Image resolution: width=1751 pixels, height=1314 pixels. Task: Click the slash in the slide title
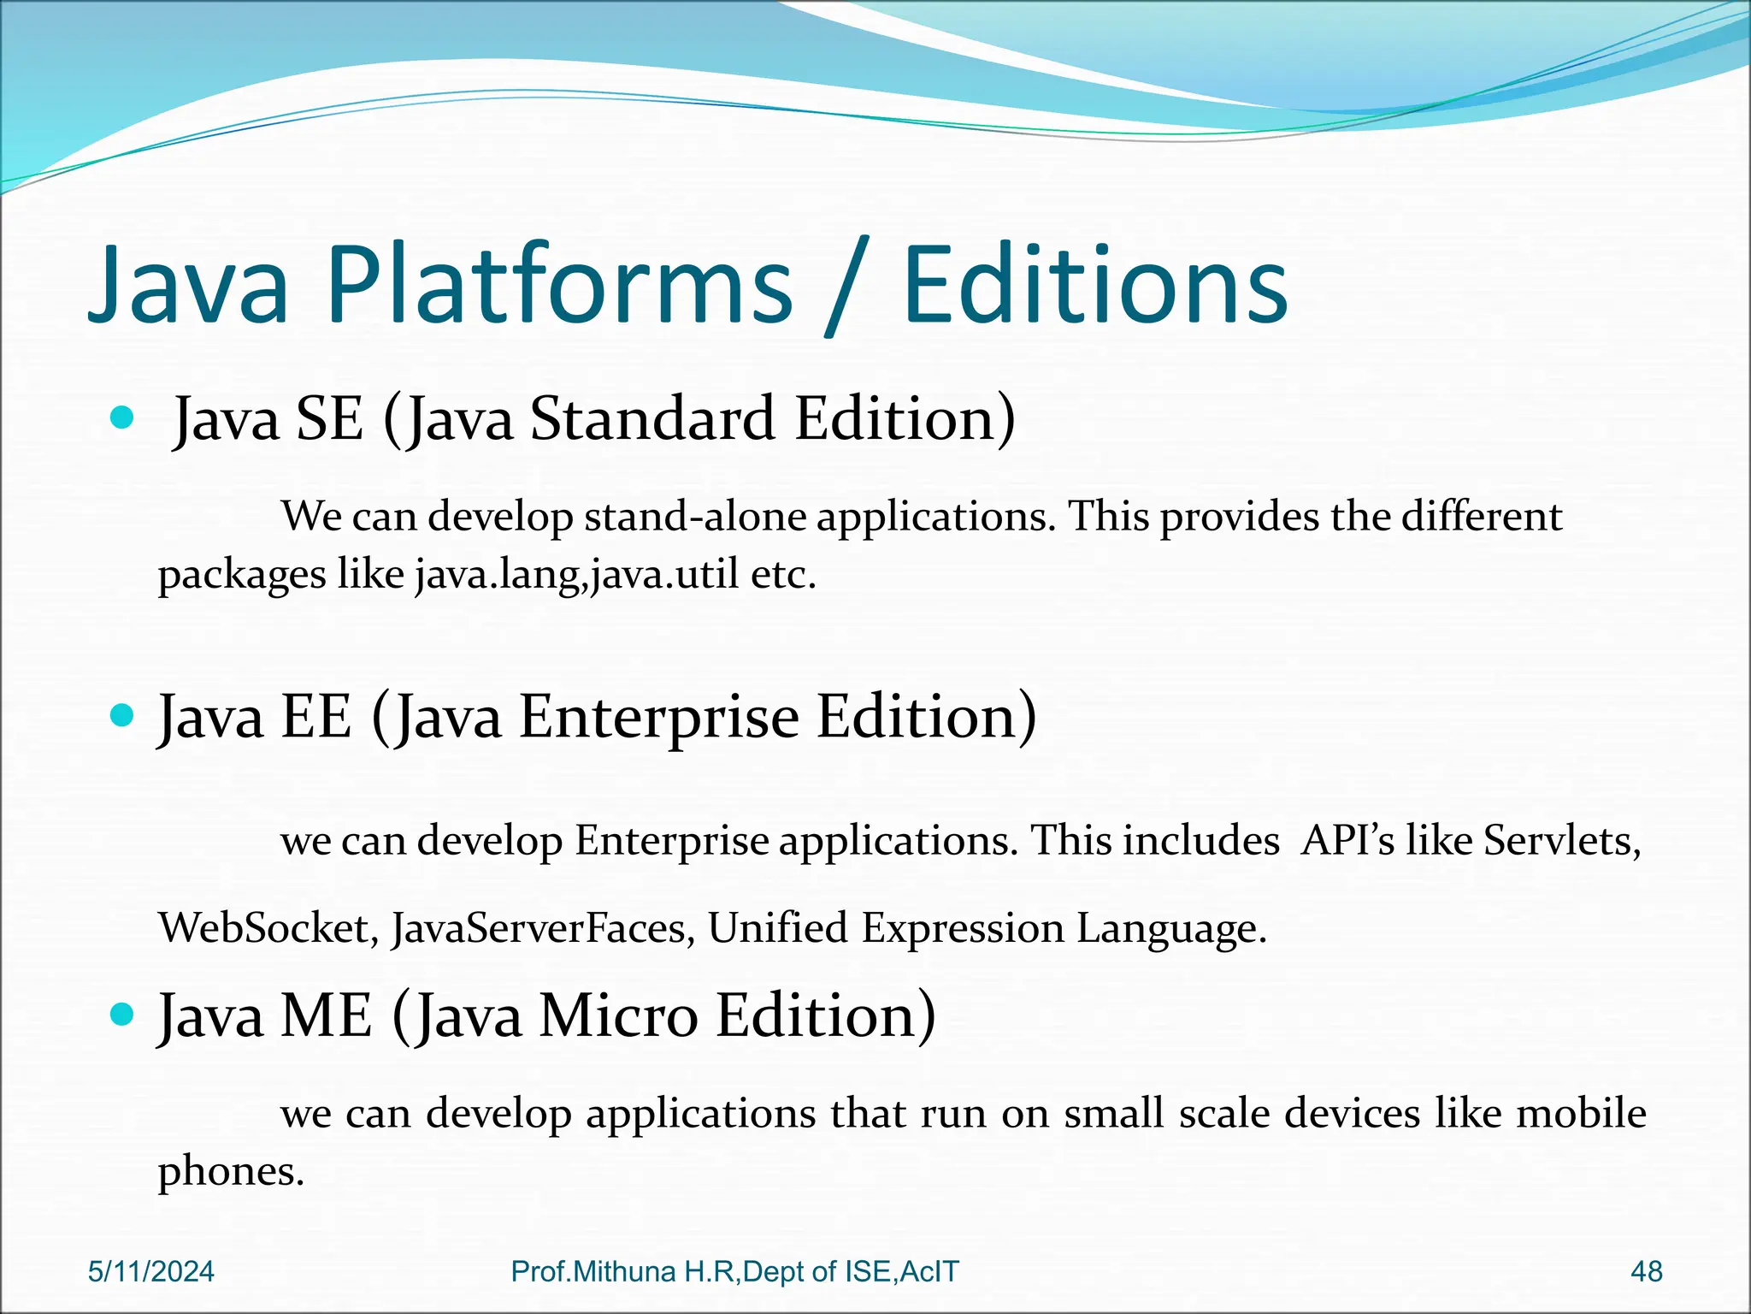(x=846, y=287)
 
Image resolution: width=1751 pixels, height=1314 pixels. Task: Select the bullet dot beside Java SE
(x=123, y=418)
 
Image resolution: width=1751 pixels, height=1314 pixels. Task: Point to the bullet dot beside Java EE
(x=123, y=715)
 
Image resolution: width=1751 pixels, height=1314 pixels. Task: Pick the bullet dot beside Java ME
(x=123, y=1015)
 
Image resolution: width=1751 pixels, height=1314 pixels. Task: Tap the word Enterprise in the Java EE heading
(x=658, y=717)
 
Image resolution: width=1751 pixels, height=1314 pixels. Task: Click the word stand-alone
(x=695, y=517)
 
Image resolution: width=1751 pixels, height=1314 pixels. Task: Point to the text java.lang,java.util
(x=577, y=574)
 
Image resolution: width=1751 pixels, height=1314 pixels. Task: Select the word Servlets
(x=1561, y=840)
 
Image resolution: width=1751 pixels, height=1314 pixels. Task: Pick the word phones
(x=231, y=1171)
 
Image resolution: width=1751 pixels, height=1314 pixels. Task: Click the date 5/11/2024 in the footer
(x=151, y=1271)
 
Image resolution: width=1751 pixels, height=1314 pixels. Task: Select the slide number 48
(x=1647, y=1271)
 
